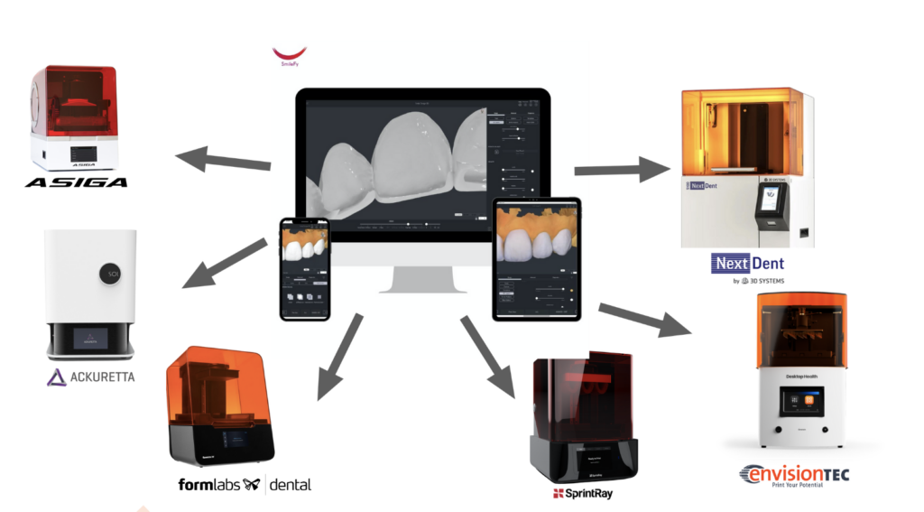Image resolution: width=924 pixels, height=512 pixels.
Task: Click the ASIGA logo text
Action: [76, 182]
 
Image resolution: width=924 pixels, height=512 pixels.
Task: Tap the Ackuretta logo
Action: [90, 377]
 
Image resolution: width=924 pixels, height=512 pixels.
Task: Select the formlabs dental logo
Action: [245, 485]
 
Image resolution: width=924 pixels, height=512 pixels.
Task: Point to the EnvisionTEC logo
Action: [794, 474]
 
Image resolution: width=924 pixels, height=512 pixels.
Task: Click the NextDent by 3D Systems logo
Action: [747, 269]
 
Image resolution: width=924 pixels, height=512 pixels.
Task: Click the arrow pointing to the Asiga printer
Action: [222, 162]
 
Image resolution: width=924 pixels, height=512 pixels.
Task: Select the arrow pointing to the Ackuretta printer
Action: [224, 265]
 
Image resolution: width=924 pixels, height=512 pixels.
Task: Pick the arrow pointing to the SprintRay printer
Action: [487, 356]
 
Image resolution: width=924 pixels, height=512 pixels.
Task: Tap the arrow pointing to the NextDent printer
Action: [623, 168]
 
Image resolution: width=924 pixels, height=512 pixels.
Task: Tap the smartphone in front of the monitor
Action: [304, 268]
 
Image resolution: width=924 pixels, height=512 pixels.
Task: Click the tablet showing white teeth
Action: [536, 258]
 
